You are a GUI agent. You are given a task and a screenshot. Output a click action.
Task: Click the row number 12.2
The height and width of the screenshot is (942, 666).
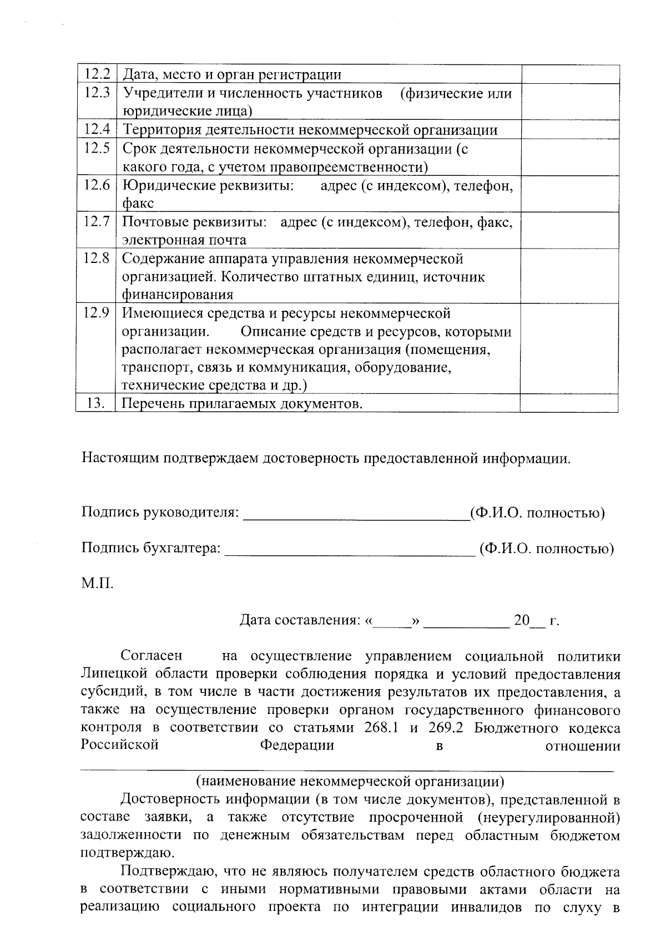(x=97, y=74)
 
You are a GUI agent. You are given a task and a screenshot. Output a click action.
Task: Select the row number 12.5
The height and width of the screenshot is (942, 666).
(x=97, y=148)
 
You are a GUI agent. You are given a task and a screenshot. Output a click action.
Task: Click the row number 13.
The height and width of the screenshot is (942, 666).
(x=96, y=403)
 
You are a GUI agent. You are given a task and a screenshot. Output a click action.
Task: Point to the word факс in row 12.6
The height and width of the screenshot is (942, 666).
(x=138, y=203)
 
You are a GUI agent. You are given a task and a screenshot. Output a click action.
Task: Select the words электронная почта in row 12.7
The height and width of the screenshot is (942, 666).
(x=184, y=240)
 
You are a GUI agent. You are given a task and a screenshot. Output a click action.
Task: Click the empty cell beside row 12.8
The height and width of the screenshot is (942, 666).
(x=569, y=276)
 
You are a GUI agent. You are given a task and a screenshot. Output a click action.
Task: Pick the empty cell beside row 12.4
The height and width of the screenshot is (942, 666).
(x=569, y=130)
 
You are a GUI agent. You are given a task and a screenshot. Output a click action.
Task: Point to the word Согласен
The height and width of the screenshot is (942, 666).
(x=152, y=656)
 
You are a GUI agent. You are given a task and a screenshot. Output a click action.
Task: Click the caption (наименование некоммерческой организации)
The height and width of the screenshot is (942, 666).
(x=350, y=782)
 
